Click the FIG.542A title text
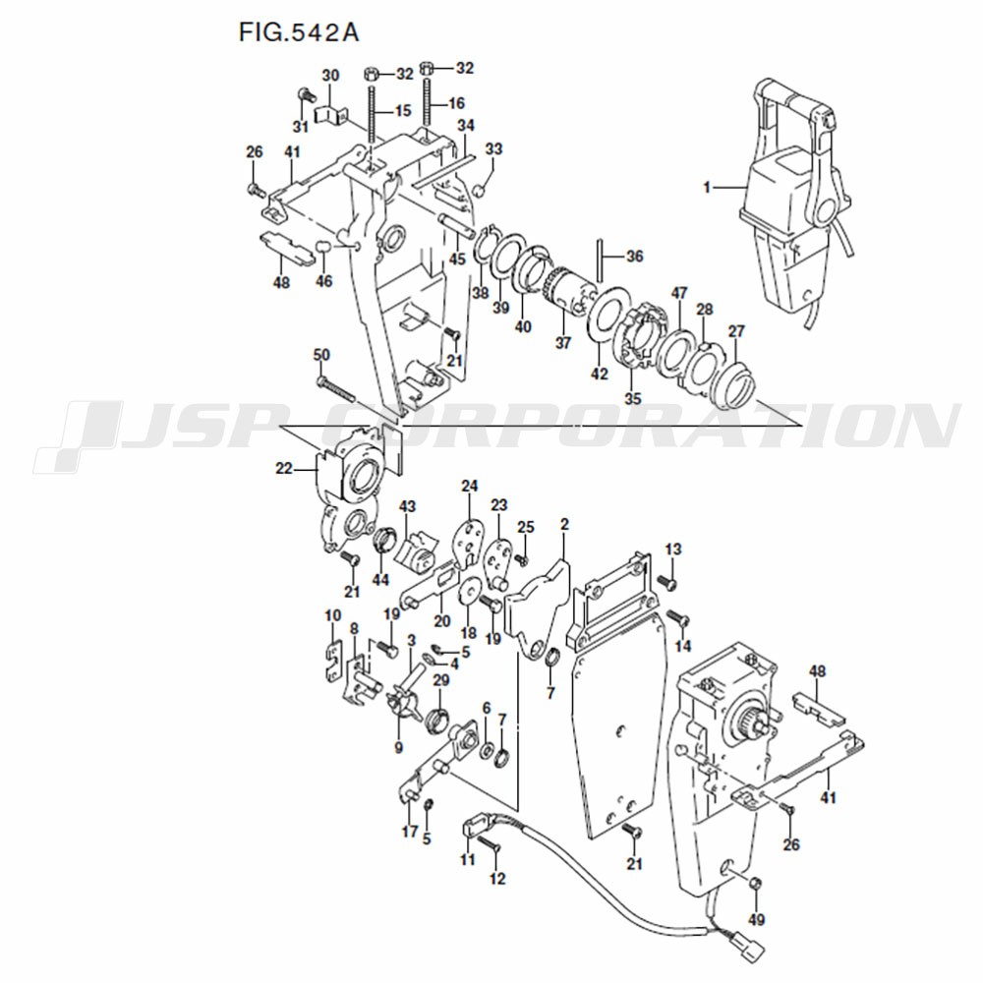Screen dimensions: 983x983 click(x=299, y=31)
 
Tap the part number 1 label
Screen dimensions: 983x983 click(x=707, y=187)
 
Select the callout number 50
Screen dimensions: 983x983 click(x=321, y=355)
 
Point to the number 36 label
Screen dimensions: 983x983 click(x=634, y=256)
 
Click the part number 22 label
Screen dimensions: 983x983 click(x=284, y=468)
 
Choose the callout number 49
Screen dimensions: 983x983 click(x=757, y=920)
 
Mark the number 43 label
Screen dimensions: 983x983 click(x=408, y=506)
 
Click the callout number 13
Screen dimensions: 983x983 click(x=672, y=549)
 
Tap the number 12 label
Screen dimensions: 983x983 click(x=497, y=879)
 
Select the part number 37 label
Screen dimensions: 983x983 click(x=563, y=342)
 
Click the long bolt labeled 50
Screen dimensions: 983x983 click(x=336, y=389)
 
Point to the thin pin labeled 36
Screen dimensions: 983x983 click(x=600, y=260)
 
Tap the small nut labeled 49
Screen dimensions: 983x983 click(x=755, y=884)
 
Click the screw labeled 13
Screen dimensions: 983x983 click(x=669, y=583)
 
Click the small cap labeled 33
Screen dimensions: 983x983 click(x=479, y=189)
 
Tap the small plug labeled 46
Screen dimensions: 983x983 click(x=322, y=245)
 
